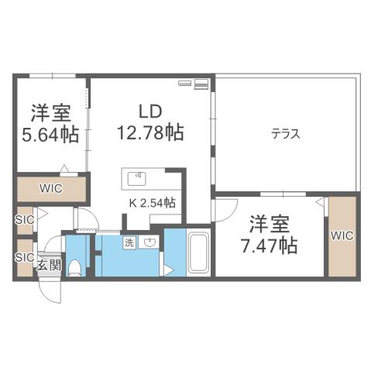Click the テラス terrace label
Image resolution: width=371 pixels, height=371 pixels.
point(285,133)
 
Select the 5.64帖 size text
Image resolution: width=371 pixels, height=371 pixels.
point(50,134)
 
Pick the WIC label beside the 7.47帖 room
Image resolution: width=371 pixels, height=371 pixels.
point(342,234)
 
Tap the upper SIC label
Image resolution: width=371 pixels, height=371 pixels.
point(25,219)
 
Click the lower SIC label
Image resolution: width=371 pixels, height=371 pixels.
point(25,256)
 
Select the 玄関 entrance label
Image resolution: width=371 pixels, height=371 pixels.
point(48,265)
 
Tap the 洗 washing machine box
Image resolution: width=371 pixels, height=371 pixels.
point(129,242)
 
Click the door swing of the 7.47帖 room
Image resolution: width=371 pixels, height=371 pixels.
point(225,211)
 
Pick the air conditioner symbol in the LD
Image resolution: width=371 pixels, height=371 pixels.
point(194,82)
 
